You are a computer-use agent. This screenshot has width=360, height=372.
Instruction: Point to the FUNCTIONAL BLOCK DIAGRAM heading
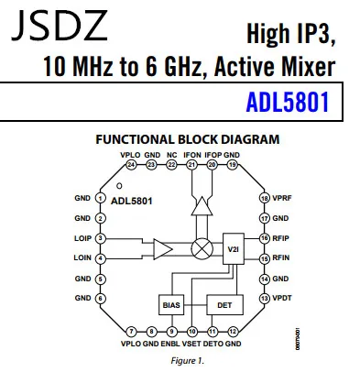point(188,139)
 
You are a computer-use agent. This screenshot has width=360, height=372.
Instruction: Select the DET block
point(220,303)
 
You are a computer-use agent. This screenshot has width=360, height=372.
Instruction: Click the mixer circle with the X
point(195,247)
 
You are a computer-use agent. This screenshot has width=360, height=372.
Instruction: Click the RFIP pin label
point(281,238)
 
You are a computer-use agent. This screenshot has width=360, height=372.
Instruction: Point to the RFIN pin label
point(281,258)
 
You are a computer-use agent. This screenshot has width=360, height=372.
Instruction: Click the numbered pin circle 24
point(131,165)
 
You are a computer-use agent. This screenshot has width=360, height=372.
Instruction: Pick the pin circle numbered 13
point(264,299)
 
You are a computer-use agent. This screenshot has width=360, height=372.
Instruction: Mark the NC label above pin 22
point(171,156)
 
